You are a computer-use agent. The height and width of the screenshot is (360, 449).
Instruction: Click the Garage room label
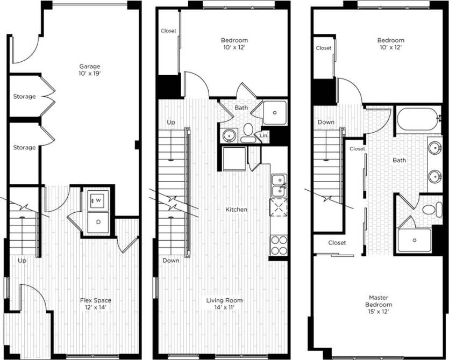point(90,67)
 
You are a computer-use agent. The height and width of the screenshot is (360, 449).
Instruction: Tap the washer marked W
point(98,200)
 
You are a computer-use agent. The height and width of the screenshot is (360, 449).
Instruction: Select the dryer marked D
point(98,221)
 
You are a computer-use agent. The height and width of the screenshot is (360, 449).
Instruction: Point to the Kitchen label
point(237,210)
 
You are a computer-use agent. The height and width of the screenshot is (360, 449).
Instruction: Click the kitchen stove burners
point(279,245)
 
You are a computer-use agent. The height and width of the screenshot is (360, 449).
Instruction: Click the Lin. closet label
point(264,136)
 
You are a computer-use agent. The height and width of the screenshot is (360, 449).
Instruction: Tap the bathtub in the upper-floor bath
point(418,119)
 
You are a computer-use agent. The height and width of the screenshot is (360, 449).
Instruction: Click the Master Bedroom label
point(379,301)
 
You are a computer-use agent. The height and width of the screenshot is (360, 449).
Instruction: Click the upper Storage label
point(25,97)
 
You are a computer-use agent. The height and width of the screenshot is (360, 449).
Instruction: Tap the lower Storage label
point(25,147)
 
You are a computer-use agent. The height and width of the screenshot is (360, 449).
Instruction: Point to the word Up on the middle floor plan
point(171,123)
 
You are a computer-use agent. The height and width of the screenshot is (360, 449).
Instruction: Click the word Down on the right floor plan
point(326,123)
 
